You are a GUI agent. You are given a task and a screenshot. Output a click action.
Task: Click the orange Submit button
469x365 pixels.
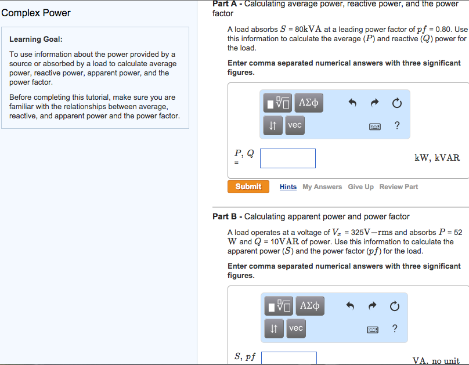pos(248,186)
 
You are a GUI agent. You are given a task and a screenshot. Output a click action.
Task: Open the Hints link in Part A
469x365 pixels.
pos(288,187)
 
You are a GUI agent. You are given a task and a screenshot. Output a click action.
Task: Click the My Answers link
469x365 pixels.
pos(322,187)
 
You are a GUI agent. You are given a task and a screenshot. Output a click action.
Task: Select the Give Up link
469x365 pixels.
pos(360,187)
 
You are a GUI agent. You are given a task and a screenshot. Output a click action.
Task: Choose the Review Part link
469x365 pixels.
pos(398,187)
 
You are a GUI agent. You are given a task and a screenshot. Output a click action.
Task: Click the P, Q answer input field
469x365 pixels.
pos(288,158)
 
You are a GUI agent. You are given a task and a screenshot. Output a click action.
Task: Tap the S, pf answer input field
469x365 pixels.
pos(289,359)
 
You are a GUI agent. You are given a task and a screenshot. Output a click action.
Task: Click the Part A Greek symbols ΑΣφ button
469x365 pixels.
pos(309,103)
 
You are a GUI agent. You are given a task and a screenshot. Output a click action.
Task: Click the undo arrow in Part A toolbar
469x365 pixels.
pos(352,103)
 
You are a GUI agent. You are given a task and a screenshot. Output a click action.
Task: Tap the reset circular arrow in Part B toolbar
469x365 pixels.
pos(395,306)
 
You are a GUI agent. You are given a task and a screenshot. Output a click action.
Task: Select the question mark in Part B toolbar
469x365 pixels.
pos(395,329)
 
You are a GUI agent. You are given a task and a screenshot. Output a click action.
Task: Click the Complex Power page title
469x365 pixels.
pos(36,13)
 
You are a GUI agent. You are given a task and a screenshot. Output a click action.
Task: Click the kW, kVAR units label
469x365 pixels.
pos(436,158)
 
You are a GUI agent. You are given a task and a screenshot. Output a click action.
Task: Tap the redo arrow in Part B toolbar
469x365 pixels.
pos(374,306)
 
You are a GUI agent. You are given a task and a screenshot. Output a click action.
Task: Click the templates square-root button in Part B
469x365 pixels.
pos(279,306)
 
